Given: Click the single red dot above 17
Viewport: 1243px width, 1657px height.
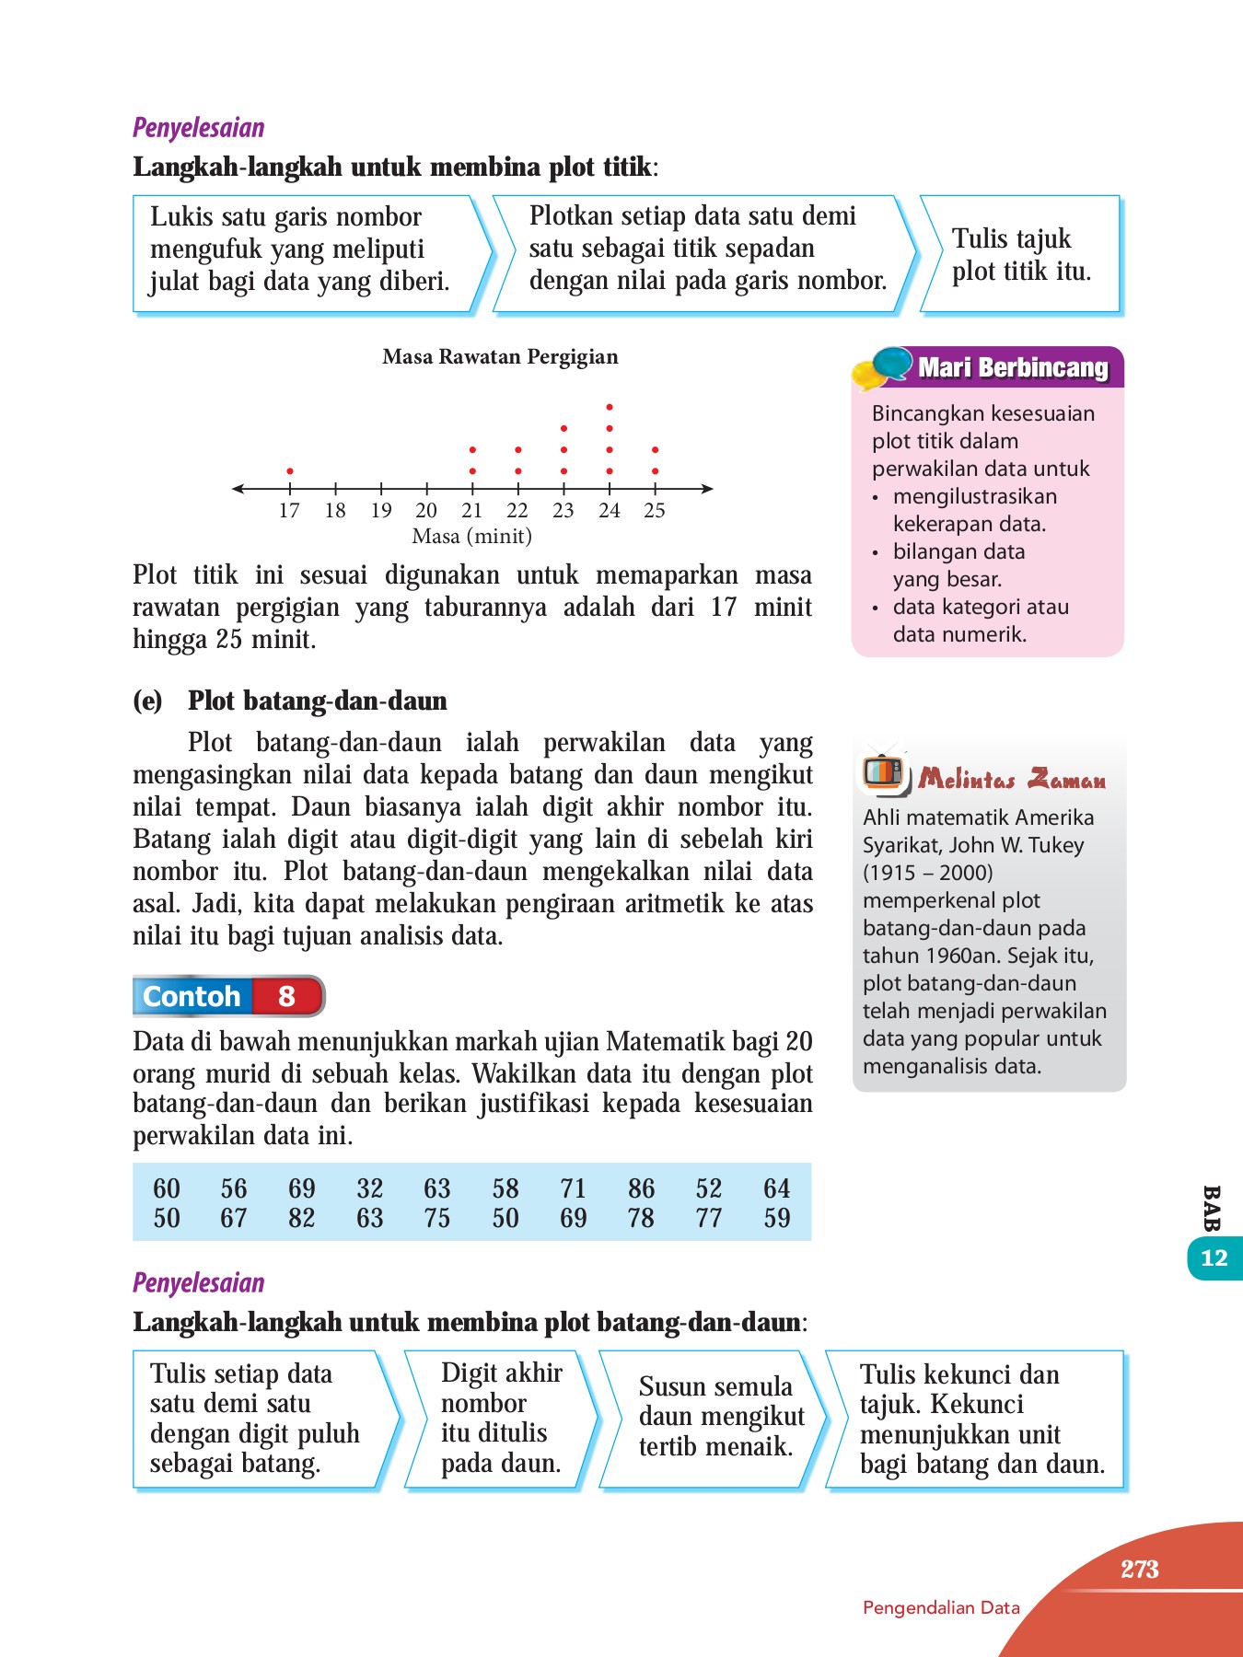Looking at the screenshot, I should (x=290, y=470).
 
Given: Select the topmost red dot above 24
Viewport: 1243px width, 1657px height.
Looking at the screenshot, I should (x=610, y=407).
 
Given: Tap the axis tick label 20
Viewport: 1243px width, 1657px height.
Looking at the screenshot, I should (x=426, y=511).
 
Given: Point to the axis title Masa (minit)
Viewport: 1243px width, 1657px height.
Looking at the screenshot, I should (x=472, y=536).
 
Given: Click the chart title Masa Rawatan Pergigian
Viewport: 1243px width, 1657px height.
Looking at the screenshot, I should (x=500, y=357).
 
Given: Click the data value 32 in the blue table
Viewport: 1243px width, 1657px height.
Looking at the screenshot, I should (x=369, y=1188).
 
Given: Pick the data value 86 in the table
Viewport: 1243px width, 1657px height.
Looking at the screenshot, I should (x=641, y=1188).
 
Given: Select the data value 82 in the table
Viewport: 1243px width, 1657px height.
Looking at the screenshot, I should (x=301, y=1219).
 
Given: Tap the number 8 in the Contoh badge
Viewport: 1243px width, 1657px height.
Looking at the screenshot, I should (x=286, y=996).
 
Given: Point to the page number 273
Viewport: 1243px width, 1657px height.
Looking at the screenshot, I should (x=1139, y=1570).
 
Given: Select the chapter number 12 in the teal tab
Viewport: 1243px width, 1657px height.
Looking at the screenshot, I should (x=1214, y=1258).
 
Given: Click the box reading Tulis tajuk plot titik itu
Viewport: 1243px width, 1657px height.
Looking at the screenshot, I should (x=1021, y=255).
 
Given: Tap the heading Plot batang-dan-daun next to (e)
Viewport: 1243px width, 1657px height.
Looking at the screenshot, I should (x=317, y=701).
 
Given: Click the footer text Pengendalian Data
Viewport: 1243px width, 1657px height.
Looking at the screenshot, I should (x=941, y=1608).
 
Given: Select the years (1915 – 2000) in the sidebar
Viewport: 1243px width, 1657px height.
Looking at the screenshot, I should (x=927, y=873).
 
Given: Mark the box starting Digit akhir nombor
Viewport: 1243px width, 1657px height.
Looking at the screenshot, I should (x=501, y=1418).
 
